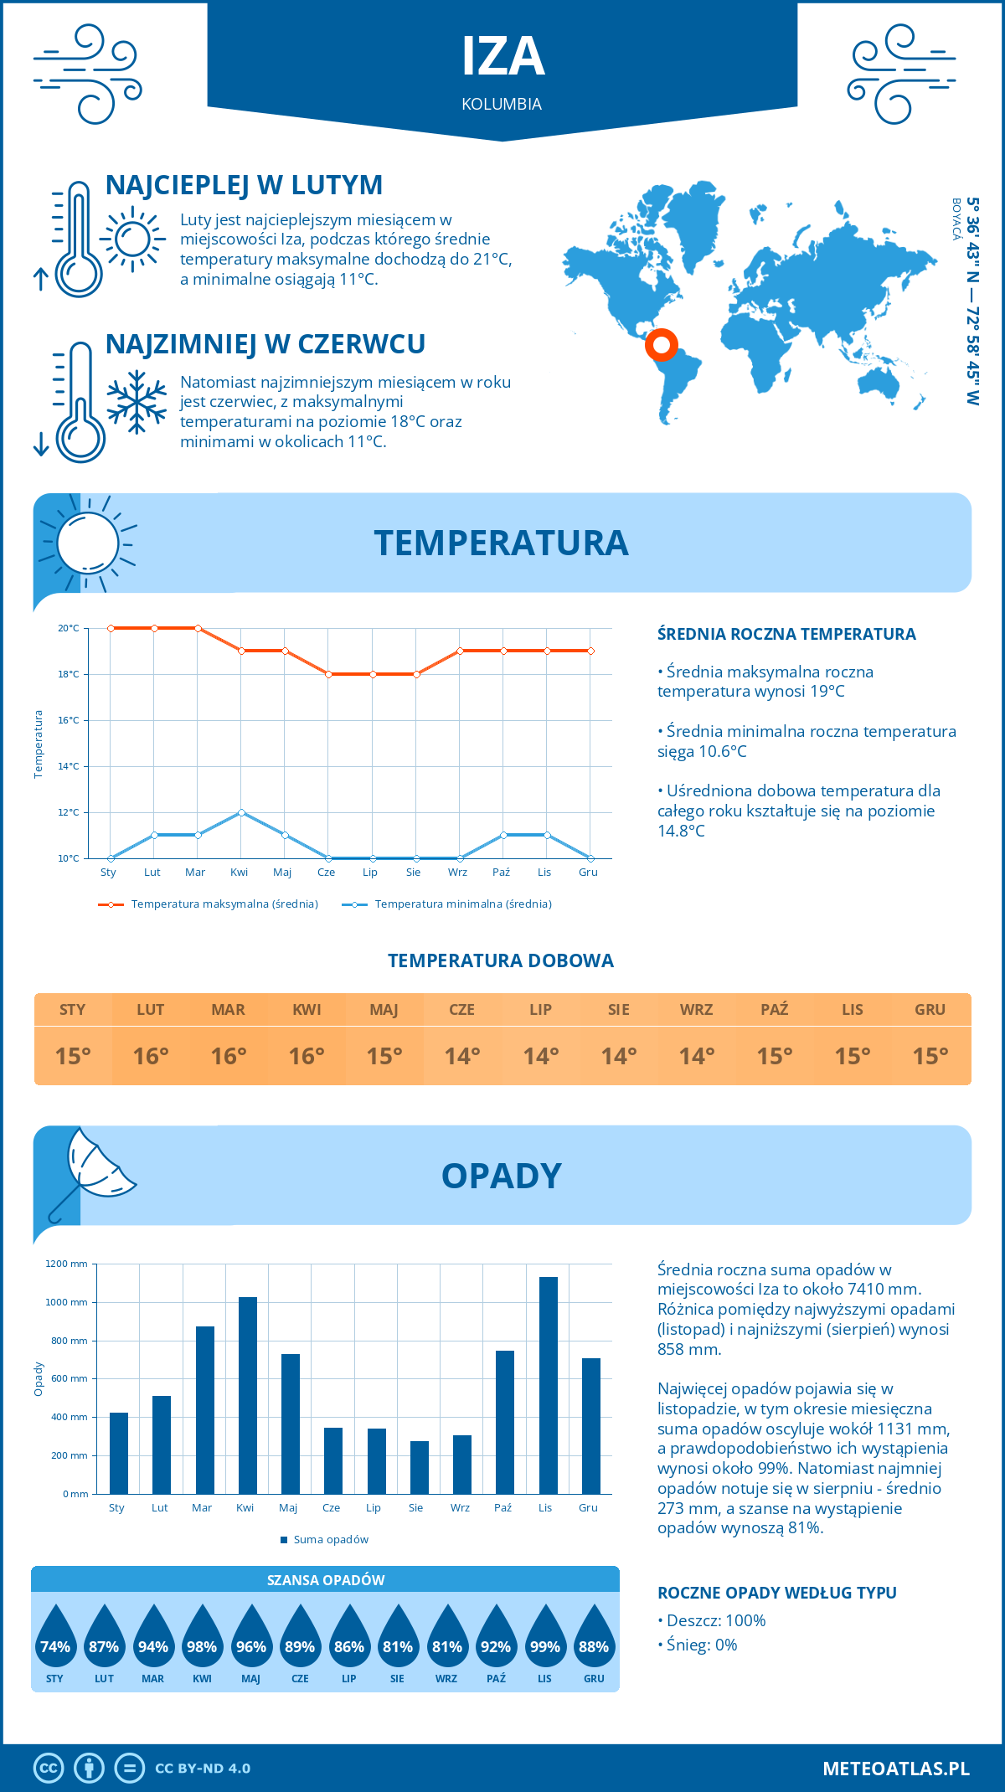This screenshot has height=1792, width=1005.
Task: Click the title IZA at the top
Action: click(502, 57)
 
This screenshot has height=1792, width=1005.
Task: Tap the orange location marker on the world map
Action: click(661, 344)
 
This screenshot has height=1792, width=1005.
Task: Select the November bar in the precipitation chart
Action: click(549, 1385)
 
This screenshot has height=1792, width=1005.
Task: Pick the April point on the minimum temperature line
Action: click(241, 812)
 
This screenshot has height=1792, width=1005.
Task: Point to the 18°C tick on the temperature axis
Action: click(69, 674)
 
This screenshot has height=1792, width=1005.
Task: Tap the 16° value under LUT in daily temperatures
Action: click(151, 1056)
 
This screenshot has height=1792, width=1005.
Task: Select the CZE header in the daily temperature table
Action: click(462, 1010)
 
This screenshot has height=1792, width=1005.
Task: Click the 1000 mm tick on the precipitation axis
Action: click(67, 1302)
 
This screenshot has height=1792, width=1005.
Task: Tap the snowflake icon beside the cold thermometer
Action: click(137, 402)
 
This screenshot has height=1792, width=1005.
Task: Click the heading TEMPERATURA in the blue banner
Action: click(501, 543)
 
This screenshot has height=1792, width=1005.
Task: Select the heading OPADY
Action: click(501, 1176)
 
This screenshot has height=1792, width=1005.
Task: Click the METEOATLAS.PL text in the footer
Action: click(896, 1769)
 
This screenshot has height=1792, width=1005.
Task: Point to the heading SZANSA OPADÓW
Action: click(326, 1580)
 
